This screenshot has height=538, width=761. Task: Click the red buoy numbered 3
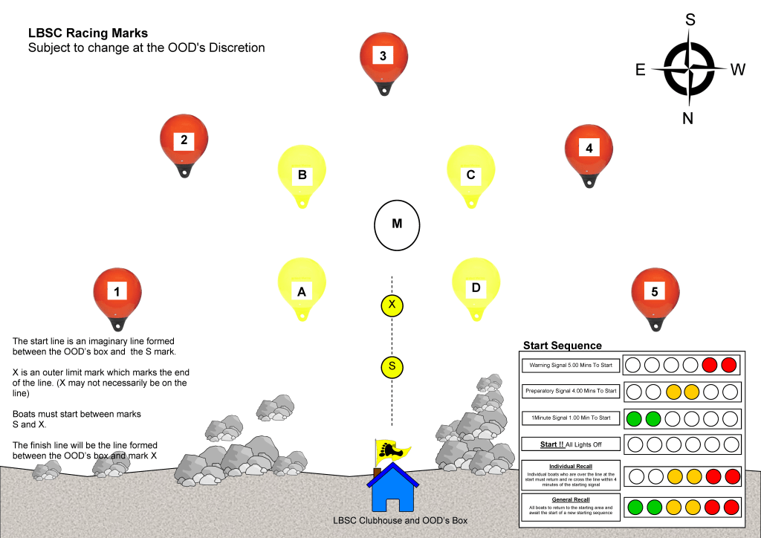tap(383, 59)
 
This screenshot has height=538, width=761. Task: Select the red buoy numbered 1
tap(117, 293)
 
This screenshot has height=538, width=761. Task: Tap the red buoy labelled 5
tap(654, 293)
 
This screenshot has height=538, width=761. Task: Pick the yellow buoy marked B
tap(302, 172)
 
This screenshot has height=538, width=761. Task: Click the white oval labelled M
tap(397, 224)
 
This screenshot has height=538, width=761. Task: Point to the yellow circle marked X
tap(392, 305)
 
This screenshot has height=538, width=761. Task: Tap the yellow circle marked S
tap(392, 366)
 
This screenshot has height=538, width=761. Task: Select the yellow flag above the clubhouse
tap(392, 450)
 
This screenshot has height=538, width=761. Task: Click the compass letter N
tap(687, 118)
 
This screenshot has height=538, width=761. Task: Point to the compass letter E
tap(640, 70)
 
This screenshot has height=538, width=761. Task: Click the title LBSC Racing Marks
tap(88, 33)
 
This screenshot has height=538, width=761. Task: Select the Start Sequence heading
tap(563, 346)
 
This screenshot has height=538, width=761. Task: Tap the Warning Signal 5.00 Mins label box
tap(571, 366)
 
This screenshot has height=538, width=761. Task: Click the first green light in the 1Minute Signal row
tap(633, 418)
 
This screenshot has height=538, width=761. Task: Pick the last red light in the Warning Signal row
tap(729, 365)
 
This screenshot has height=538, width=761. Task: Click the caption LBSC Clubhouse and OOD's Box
tap(400, 520)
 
